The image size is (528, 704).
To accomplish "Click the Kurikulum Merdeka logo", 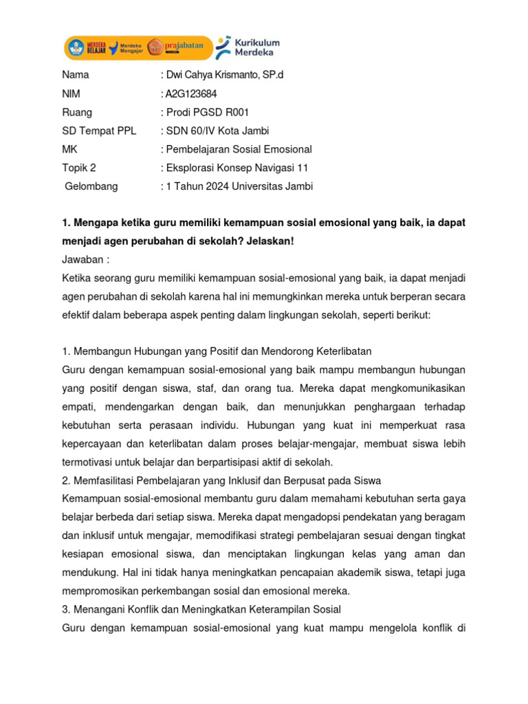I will point(248,47).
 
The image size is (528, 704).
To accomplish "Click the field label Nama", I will point(76,75).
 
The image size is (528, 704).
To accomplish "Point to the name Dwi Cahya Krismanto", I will point(207,75).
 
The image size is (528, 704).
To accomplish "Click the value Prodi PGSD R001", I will point(206,112).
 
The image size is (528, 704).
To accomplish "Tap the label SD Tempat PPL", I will point(93,131).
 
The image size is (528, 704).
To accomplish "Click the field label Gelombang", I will point(91,186).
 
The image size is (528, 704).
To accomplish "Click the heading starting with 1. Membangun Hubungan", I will point(217,351).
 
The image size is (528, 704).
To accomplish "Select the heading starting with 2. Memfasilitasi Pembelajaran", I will point(221,479).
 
